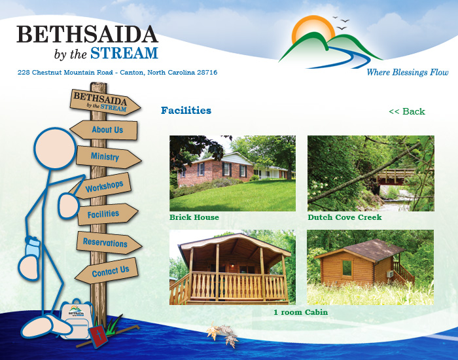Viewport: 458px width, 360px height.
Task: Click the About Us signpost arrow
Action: click(x=104, y=130)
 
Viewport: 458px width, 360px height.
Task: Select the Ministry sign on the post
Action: click(x=108, y=157)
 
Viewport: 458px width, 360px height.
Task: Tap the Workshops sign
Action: click(x=101, y=186)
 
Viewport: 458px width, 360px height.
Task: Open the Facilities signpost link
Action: click(x=107, y=214)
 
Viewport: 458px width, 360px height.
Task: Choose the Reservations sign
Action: click(x=109, y=243)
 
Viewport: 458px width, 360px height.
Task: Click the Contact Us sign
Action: click(x=107, y=271)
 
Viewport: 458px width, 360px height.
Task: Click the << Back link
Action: click(x=407, y=111)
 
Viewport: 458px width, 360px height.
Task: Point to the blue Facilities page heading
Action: click(x=186, y=111)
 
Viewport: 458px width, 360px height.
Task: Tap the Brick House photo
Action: click(x=232, y=173)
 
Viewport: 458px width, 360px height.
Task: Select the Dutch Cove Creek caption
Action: click(x=345, y=217)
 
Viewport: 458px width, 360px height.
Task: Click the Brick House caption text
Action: click(x=194, y=217)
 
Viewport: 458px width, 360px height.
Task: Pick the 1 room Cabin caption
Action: click(x=300, y=312)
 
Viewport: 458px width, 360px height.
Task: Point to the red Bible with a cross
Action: click(x=98, y=336)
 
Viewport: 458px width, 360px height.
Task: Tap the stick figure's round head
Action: click(x=55, y=148)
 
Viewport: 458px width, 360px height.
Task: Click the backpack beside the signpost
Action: click(x=75, y=319)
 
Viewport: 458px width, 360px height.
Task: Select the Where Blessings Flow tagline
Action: click(x=408, y=72)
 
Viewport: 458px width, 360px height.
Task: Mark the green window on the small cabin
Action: click(x=347, y=268)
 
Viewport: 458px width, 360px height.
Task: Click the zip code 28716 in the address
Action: click(x=207, y=73)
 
